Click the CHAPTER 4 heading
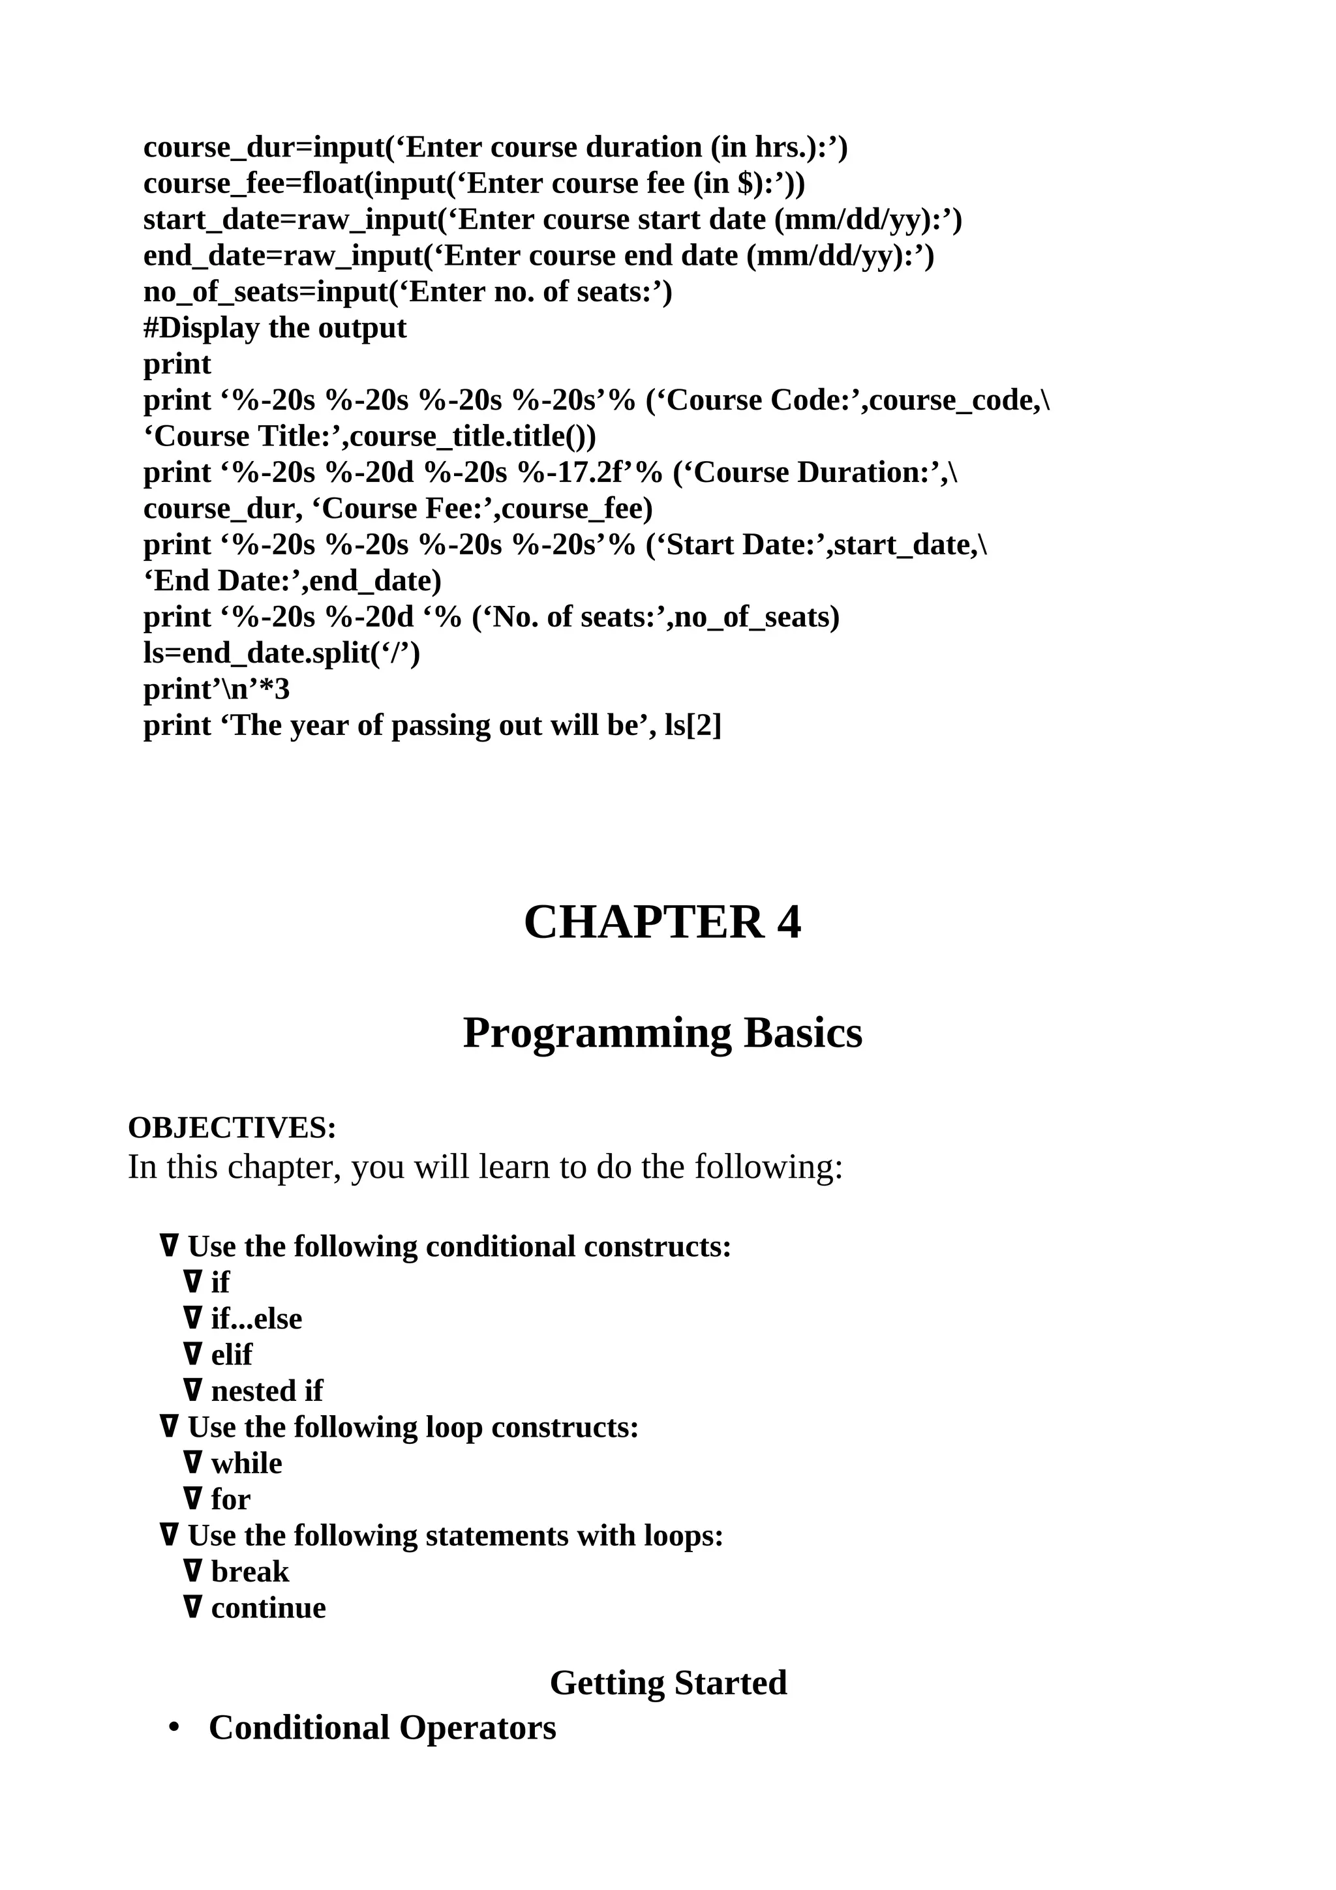tap(662, 922)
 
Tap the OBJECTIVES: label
tap(232, 1128)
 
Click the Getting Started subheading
tap(669, 1683)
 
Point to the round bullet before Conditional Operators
tap(174, 1729)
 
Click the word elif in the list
tap(232, 1354)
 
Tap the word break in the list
tap(249, 1572)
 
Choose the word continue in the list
tap(268, 1608)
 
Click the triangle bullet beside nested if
tap(192, 1390)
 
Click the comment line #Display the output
tap(275, 327)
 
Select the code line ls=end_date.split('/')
tap(282, 653)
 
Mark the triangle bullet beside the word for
tap(192, 1499)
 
